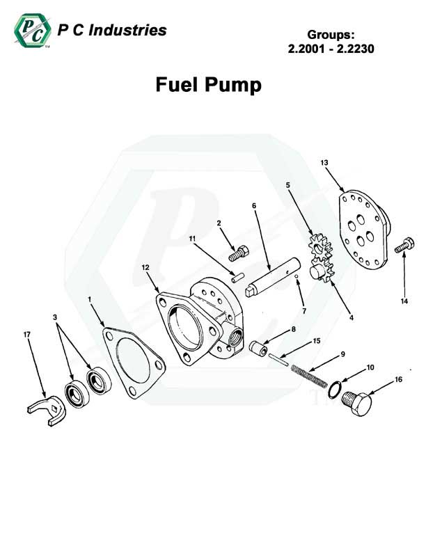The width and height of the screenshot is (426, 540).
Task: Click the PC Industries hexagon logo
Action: pos(33,31)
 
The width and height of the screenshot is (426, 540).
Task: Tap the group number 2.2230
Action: pos(356,49)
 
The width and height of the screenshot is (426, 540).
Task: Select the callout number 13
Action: pos(324,162)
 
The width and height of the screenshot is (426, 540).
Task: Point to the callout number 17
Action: pos(27,334)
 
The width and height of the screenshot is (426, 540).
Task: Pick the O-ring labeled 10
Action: pos(335,389)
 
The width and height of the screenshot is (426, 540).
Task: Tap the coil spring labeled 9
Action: pos(309,375)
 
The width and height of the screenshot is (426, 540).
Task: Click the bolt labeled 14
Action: pos(404,245)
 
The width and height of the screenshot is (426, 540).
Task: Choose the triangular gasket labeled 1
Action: pos(134,363)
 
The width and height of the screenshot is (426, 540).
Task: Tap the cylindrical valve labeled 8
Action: pos(258,349)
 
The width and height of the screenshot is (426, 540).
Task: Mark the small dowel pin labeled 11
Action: pos(237,278)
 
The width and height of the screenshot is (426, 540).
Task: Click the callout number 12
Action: pos(145,267)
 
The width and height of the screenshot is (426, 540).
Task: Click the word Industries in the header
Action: pos(127,31)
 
